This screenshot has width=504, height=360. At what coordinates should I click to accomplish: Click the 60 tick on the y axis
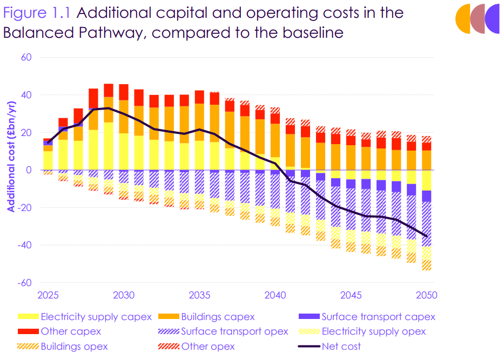(x=26, y=57)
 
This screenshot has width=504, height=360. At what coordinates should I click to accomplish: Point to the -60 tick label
(x=25, y=282)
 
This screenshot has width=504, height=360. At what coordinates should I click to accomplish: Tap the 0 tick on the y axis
(x=29, y=170)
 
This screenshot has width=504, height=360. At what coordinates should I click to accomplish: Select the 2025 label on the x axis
(x=48, y=296)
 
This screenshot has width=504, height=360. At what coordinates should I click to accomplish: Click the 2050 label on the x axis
(x=426, y=296)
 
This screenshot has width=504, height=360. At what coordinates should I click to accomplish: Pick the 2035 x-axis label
(x=199, y=296)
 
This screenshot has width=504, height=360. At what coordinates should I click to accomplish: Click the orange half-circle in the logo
(x=462, y=18)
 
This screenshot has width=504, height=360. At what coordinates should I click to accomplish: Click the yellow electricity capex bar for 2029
(x=109, y=146)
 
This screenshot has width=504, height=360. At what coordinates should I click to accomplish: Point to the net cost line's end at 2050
(x=426, y=236)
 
